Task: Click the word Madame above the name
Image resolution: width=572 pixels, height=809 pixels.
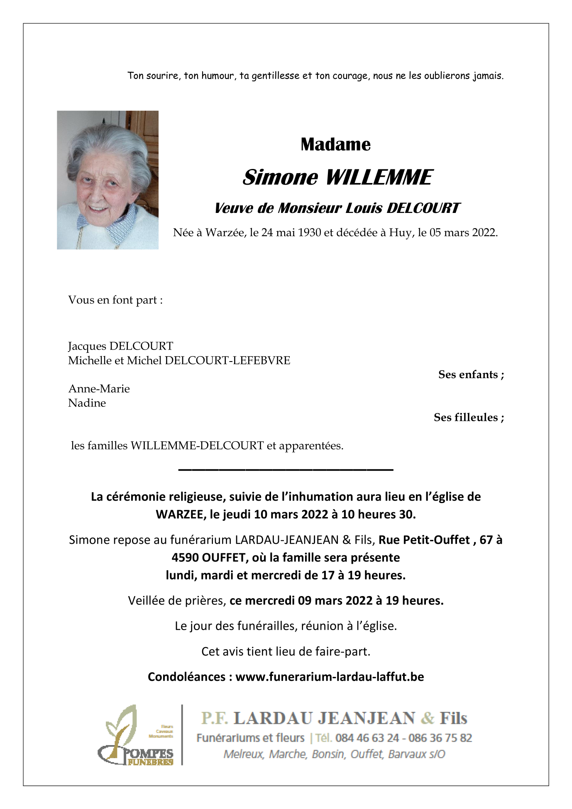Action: click(x=335, y=144)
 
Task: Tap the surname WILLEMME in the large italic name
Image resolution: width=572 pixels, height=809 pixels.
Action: click(x=379, y=177)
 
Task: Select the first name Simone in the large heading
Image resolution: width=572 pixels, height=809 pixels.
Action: click(x=280, y=177)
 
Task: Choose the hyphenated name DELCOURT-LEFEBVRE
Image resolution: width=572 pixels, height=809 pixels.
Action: click(x=227, y=360)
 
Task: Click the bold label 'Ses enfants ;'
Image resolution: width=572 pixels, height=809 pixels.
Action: click(x=471, y=374)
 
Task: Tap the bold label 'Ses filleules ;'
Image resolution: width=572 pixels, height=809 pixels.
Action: click(x=469, y=417)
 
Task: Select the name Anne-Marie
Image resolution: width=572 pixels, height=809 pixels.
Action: click(x=99, y=389)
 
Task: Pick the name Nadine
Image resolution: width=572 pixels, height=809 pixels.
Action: click(x=87, y=403)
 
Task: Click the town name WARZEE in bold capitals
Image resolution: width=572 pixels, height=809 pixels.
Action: click(x=181, y=514)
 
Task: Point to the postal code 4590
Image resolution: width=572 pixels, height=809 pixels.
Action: click(x=185, y=557)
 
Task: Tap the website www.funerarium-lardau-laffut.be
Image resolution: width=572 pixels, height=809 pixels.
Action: click(x=330, y=677)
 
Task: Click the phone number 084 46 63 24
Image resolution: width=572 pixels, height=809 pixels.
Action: click(x=367, y=738)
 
